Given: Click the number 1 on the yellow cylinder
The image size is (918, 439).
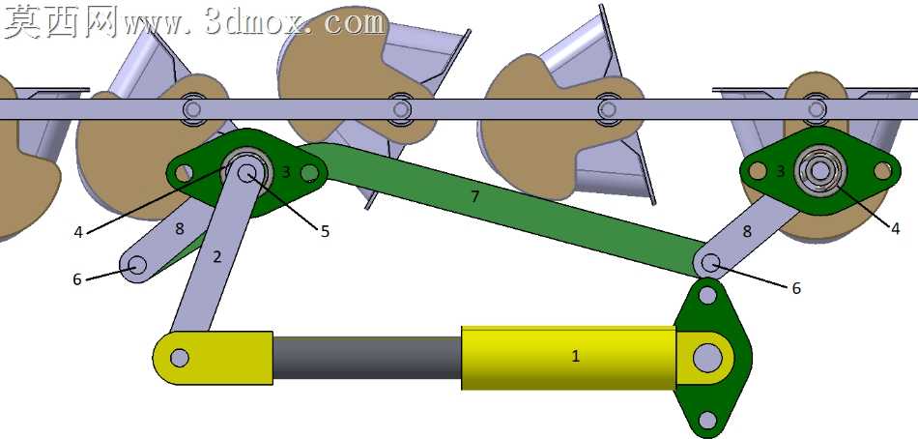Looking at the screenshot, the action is point(576,356).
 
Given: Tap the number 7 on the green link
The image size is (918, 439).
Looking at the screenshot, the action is point(474,197).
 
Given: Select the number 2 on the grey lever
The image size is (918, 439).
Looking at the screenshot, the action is point(216,256).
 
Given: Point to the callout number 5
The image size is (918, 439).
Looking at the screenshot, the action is point(325,231).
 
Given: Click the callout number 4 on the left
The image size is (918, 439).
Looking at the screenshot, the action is point(79,233).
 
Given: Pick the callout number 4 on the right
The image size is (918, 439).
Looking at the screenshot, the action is point(895,229).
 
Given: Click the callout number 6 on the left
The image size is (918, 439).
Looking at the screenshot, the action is point(77,280).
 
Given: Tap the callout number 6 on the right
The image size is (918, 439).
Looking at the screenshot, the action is point(795,288).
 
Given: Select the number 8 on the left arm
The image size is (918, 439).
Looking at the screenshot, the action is point(179,228).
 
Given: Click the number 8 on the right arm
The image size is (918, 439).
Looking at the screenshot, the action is point(746,231).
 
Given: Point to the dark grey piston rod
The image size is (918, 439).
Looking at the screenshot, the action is point(367,358).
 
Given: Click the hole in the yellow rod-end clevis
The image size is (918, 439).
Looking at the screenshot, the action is point(179,358).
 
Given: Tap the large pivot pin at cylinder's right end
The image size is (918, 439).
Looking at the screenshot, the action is point(707,358).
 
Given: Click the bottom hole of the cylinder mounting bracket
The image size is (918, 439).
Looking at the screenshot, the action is point(707,420).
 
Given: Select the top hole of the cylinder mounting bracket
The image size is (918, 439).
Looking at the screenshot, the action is point(707,295).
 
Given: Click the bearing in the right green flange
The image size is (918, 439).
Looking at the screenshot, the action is point(820,170).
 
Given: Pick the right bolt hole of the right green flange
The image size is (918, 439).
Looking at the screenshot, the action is point(882,170).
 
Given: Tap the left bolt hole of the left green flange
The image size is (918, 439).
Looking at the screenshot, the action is point(185,173).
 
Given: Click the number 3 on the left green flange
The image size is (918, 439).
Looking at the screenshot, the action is point(286,172).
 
